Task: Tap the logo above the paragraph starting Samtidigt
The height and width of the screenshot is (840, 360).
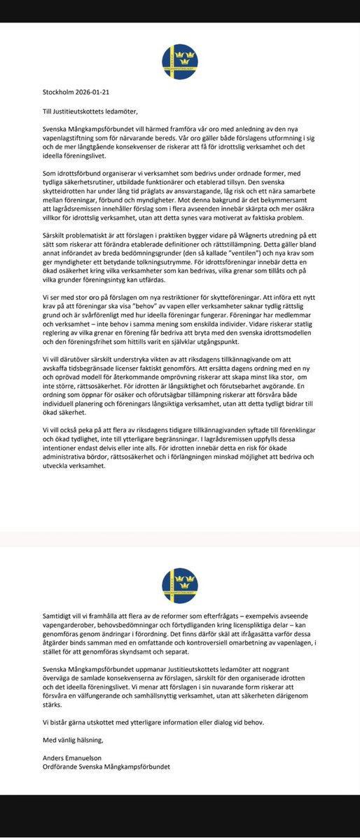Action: (x=179, y=586)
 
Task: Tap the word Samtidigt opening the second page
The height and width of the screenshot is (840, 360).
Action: (x=61, y=614)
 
